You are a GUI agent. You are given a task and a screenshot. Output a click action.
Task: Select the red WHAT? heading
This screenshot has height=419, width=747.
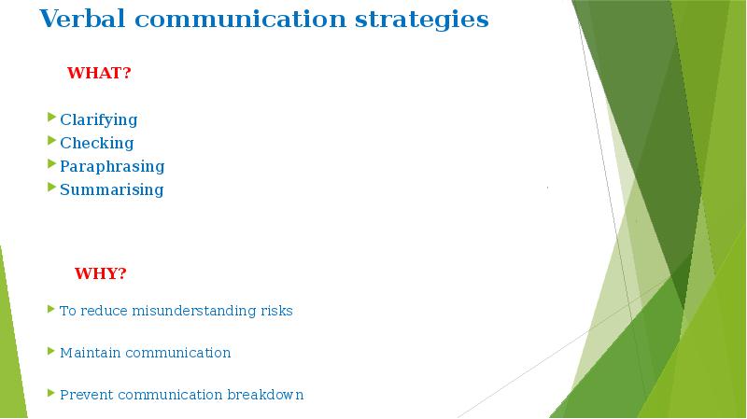[x=99, y=74]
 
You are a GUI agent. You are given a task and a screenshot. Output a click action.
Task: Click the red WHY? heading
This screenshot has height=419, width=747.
[x=100, y=273]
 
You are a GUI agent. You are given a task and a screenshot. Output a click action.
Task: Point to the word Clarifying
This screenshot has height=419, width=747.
[x=98, y=119]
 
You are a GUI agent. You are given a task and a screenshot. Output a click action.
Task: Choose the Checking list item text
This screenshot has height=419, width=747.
[x=96, y=143]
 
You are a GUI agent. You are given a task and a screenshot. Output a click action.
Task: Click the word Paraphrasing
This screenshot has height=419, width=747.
[x=112, y=166]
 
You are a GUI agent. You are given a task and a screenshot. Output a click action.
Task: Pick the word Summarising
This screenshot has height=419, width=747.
[x=111, y=189]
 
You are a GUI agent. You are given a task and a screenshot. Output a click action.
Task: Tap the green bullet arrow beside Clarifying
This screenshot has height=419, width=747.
[x=52, y=118]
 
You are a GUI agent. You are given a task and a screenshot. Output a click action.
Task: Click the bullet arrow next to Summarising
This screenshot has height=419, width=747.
[x=52, y=188]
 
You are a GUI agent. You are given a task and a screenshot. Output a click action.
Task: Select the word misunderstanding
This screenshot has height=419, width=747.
[x=193, y=311]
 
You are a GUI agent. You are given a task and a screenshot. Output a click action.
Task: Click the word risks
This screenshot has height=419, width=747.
[x=275, y=311]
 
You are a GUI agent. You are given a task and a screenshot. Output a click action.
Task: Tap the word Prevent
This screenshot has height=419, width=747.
[x=86, y=395]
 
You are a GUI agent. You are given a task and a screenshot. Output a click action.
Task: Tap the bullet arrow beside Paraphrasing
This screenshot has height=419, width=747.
[x=52, y=164]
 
